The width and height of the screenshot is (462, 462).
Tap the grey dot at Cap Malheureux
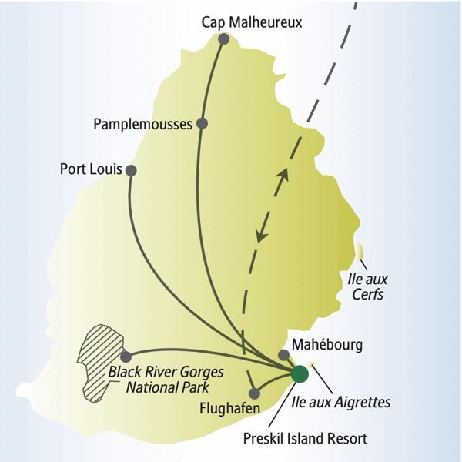(223, 38)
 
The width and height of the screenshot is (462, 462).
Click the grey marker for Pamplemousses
(202, 123)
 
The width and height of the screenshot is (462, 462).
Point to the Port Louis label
(91, 169)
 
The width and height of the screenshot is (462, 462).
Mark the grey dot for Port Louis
(131, 170)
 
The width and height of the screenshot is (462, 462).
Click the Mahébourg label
(326, 345)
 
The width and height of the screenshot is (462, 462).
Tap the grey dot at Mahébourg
(284, 355)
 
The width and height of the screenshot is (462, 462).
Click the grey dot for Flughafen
(254, 393)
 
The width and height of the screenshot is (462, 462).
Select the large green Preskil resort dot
(300, 374)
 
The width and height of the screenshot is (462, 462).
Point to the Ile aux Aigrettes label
(342, 401)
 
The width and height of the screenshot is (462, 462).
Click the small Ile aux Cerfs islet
(360, 252)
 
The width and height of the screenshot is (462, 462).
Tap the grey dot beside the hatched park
(126, 357)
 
